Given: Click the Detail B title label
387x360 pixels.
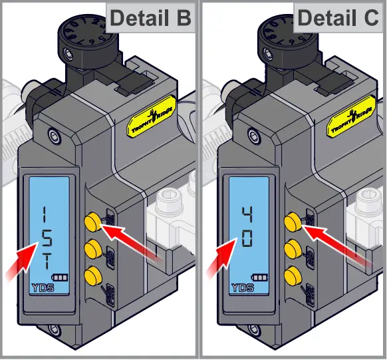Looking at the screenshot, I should click(150, 18).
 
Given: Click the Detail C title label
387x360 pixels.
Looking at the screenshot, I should click(339, 18).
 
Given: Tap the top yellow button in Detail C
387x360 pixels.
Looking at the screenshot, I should click(291, 221).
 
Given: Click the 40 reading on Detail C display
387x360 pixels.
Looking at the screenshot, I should click(247, 226).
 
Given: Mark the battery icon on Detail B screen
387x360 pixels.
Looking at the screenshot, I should click(61, 277).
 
